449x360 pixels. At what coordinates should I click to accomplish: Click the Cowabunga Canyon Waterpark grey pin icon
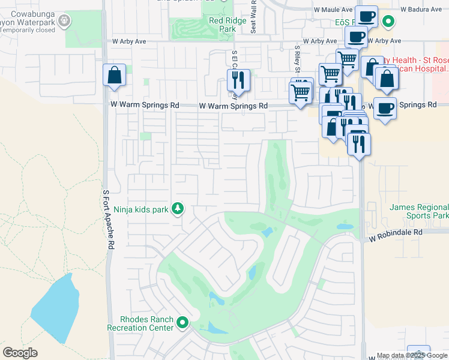[x=64, y=22]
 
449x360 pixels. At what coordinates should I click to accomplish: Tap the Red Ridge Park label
[x=223, y=24]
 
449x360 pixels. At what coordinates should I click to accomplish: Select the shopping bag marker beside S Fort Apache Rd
[x=114, y=76]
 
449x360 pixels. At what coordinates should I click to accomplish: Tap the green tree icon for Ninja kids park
[x=178, y=209]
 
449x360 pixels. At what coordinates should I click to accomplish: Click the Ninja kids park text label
[x=141, y=209]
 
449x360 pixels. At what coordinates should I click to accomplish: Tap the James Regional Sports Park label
[x=419, y=211]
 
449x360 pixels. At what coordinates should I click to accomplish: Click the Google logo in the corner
[x=20, y=353]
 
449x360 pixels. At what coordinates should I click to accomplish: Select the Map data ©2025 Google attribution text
[x=411, y=356]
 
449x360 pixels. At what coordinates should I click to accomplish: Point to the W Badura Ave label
[x=420, y=10]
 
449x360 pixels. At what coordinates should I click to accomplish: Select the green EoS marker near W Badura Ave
[x=388, y=22]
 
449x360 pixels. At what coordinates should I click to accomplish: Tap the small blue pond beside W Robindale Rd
[x=345, y=227]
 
